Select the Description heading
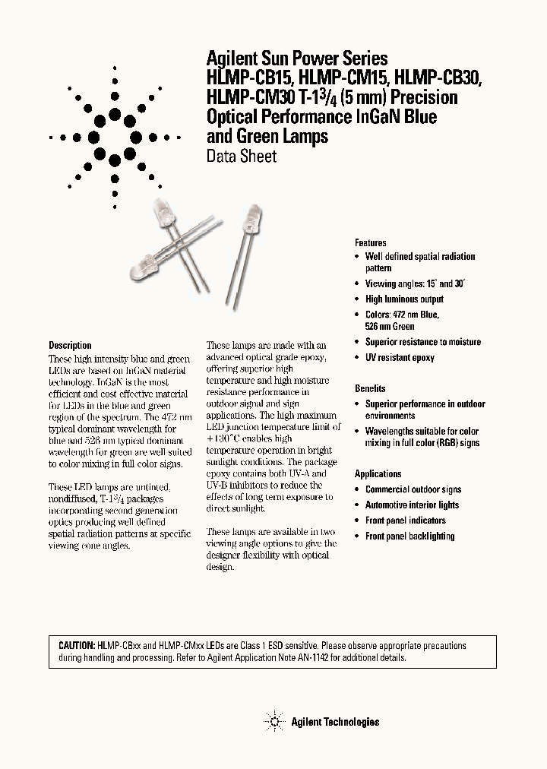coord(70,345)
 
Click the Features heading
coord(371,242)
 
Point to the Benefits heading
coord(370,388)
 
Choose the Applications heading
coord(378,473)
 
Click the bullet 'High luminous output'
coord(404,299)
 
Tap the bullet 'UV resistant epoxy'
coord(400,357)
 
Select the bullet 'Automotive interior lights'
coord(412,505)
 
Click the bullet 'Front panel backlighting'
coord(409,536)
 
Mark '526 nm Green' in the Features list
coord(390,326)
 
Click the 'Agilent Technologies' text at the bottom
coord(335,722)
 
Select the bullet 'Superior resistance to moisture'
coord(422,342)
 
